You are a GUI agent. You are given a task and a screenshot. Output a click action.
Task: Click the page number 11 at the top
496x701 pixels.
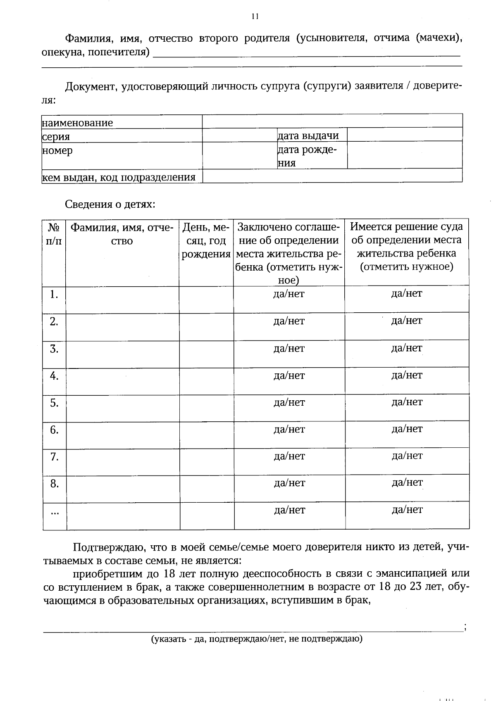(x=255, y=17)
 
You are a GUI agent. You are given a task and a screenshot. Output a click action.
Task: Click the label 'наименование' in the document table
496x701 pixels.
(x=77, y=123)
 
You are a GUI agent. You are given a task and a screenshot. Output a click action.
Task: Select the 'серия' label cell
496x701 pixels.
(x=56, y=136)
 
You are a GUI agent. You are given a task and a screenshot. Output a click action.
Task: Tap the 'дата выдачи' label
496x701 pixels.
(x=308, y=135)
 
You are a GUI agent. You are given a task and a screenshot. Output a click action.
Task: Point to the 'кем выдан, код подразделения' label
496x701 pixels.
(x=119, y=178)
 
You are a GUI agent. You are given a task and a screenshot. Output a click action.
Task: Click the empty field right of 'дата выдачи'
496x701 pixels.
(x=404, y=135)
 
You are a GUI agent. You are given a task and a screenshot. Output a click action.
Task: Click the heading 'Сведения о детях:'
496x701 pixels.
(x=110, y=204)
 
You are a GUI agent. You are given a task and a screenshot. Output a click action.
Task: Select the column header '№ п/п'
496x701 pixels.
(x=54, y=234)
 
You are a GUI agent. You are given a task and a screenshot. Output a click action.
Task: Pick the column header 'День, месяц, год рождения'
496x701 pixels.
(x=206, y=240)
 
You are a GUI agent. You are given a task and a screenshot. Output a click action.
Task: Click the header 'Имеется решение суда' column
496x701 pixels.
(x=407, y=246)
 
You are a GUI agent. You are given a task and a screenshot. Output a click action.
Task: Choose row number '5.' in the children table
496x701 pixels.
(x=54, y=403)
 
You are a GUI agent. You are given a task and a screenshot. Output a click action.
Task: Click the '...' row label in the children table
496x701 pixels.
(x=54, y=513)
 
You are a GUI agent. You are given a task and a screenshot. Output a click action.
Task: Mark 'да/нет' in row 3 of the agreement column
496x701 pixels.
(x=289, y=349)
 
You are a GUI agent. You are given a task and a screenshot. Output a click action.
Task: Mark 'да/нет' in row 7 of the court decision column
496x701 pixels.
(x=407, y=456)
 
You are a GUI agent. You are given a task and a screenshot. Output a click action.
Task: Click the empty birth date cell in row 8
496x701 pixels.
(x=207, y=489)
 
